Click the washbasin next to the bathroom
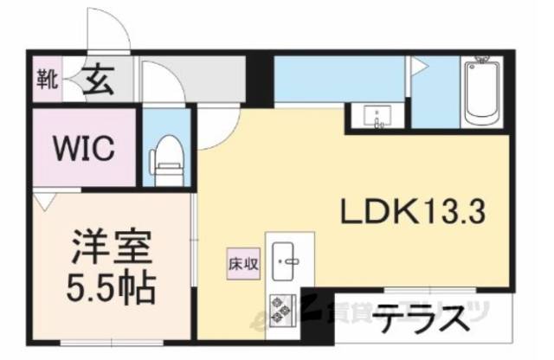377,115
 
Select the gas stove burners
282,306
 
